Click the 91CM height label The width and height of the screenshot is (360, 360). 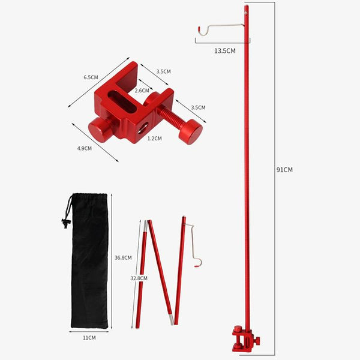pyautogui.click(x=284, y=170)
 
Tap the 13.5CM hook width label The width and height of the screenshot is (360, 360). pyautogui.click(x=225, y=51)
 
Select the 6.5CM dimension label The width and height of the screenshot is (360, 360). pyautogui.click(x=91, y=77)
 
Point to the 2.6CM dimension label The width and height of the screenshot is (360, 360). pyautogui.click(x=142, y=91)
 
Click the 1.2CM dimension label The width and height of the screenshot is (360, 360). pyautogui.click(x=155, y=138)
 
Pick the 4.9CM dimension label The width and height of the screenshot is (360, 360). pyautogui.click(x=84, y=148)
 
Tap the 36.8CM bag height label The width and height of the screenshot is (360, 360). pyautogui.click(x=123, y=257)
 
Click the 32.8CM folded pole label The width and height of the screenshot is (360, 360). pyautogui.click(x=139, y=278)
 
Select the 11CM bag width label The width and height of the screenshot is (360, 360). pyautogui.click(x=89, y=338)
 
